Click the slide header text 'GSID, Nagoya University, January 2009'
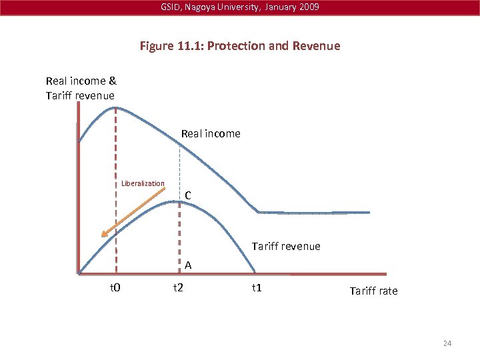pyautogui.click(x=239, y=7)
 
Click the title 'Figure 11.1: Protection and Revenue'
pyautogui.click(x=240, y=46)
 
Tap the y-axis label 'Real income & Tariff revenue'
pyautogui.click(x=81, y=88)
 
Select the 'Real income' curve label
pyautogui.click(x=211, y=133)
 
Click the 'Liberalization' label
pyautogui.click(x=143, y=184)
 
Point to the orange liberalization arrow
pyautogui.click(x=133, y=213)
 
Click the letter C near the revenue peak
pyautogui.click(x=189, y=195)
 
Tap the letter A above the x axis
pyautogui.click(x=189, y=265)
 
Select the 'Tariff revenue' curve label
pyautogui.click(x=286, y=246)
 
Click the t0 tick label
pyautogui.click(x=114, y=288)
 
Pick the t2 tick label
pyautogui.click(x=178, y=288)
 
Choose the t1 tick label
pyautogui.click(x=256, y=288)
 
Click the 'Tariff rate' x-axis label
pyautogui.click(x=373, y=291)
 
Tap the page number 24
pyautogui.click(x=447, y=343)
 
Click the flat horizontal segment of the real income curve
pyautogui.click(x=313, y=212)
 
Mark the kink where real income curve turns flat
pyautogui.click(x=259, y=212)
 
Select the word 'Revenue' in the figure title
pyautogui.click(x=317, y=46)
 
